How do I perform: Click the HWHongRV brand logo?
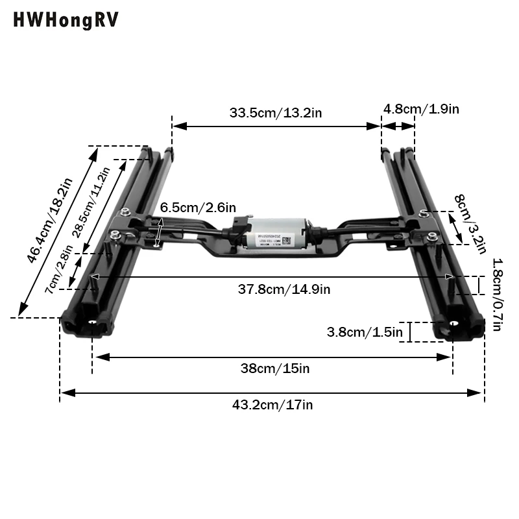[x=66, y=21]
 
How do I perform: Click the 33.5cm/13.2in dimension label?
[x=276, y=112]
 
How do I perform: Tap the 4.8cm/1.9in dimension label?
[x=421, y=109]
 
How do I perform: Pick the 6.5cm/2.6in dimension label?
[x=198, y=208]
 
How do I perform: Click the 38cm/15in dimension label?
[x=275, y=368]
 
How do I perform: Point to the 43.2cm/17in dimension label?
[x=272, y=405]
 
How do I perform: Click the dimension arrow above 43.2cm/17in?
[x=272, y=392]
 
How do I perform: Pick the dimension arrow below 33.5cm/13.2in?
[x=276, y=126]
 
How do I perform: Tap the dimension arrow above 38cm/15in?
[x=272, y=356]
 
